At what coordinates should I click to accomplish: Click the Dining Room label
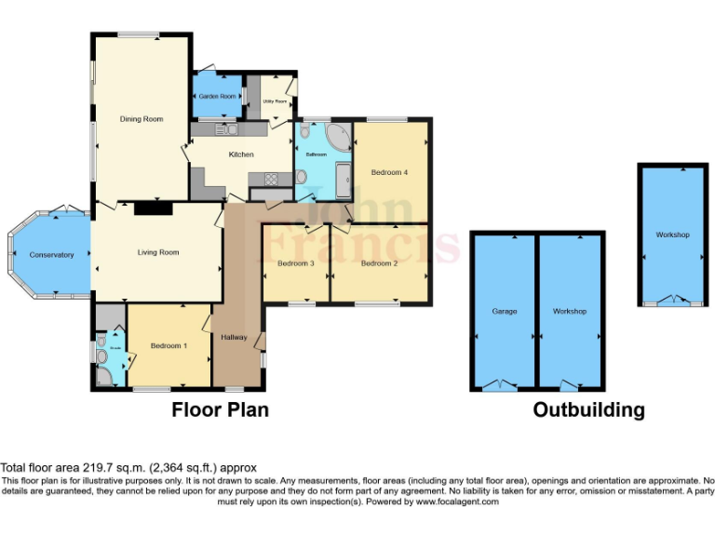142,119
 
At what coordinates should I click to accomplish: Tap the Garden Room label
214,96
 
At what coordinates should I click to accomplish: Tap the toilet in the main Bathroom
304,133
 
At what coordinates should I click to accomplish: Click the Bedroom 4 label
389,172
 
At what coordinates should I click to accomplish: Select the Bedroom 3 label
296,263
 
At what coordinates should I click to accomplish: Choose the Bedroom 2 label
380,263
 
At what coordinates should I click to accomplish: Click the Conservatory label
51,254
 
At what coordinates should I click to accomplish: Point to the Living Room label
158,252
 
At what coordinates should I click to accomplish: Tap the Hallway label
234,337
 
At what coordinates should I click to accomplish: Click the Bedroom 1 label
169,346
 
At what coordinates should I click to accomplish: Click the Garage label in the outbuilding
505,311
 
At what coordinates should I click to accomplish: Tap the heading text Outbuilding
588,409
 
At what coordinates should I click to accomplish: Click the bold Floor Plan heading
221,409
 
